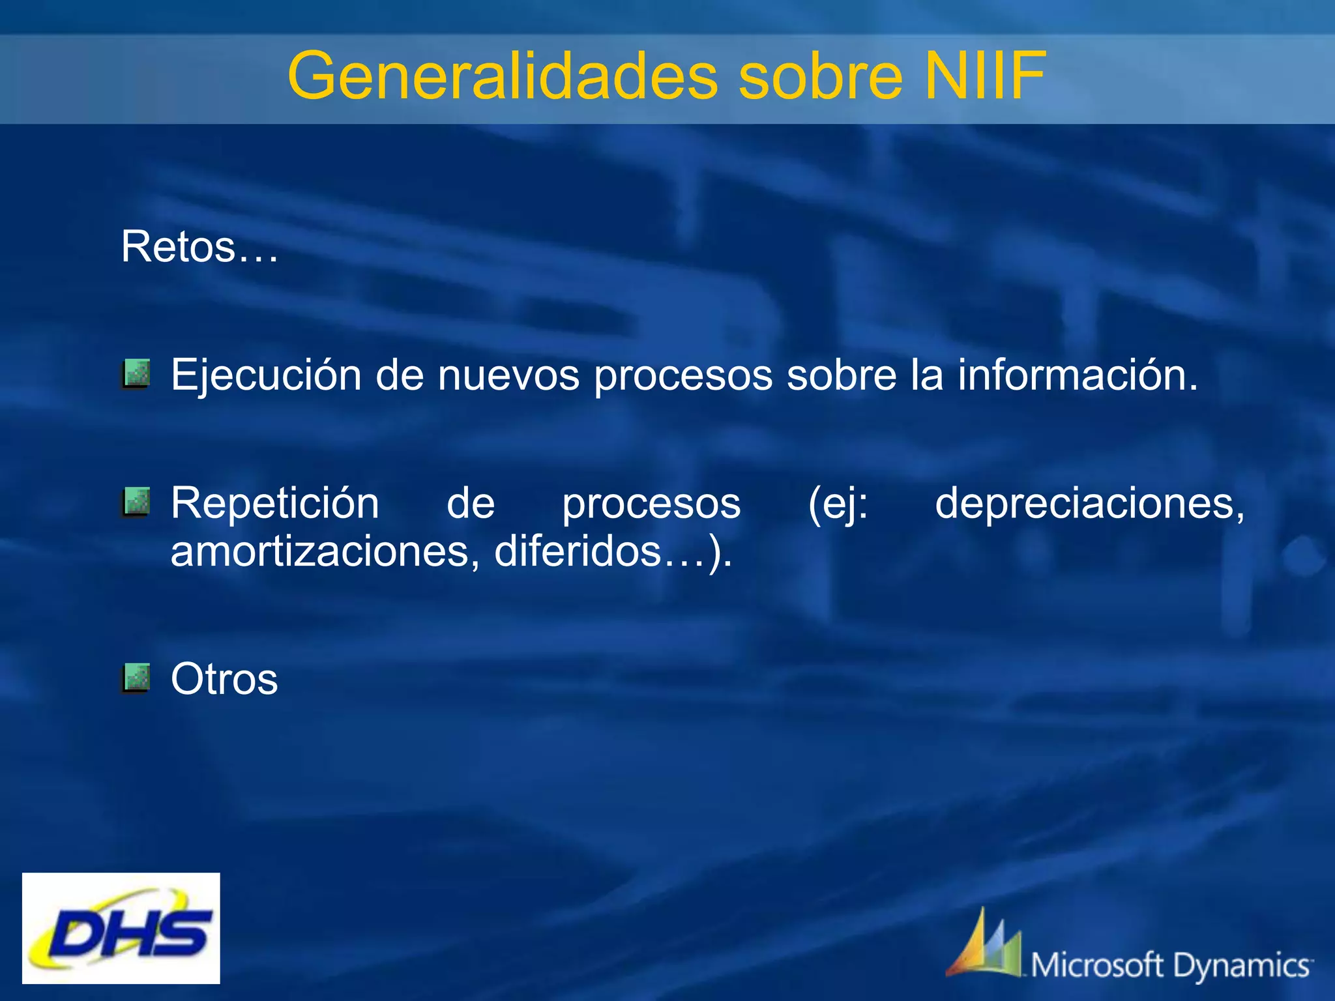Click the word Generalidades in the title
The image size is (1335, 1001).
(502, 77)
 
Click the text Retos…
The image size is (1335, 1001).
(199, 248)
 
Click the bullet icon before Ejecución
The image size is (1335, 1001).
(136, 373)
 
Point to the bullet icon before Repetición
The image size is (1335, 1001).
(136, 502)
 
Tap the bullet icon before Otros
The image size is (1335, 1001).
(136, 678)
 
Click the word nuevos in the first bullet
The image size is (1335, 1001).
(508, 376)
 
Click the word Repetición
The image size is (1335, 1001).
(274, 504)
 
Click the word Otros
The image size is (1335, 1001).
(224, 680)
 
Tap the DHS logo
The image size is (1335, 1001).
(121, 928)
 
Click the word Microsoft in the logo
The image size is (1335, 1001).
(1096, 965)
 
